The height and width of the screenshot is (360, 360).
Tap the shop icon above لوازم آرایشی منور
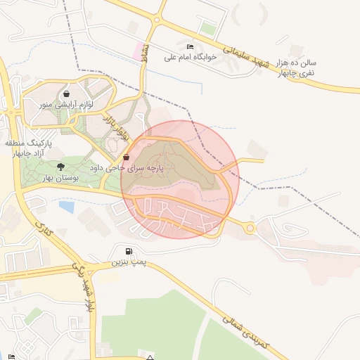[66, 94]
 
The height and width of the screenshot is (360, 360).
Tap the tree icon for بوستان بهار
[60, 167]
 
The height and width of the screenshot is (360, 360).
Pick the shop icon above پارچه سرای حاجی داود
[126, 157]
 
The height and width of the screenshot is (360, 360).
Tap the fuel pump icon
[128, 251]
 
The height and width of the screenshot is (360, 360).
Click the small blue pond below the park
[67, 207]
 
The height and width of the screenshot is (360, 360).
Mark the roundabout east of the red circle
[250, 227]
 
